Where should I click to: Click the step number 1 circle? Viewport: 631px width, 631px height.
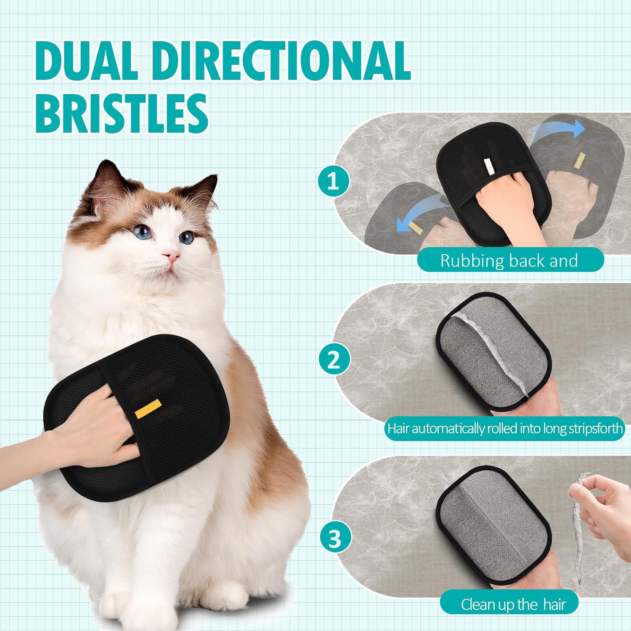pyautogui.click(x=333, y=181)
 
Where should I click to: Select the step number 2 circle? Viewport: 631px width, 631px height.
pyautogui.click(x=334, y=360)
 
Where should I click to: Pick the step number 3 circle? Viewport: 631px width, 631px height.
pyautogui.click(x=335, y=539)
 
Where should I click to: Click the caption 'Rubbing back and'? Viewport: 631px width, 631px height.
pyautogui.click(x=509, y=261)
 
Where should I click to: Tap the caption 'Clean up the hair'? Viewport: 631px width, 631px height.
pyautogui.click(x=513, y=604)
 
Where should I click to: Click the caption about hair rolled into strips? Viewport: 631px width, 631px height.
pyautogui.click(x=505, y=429)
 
